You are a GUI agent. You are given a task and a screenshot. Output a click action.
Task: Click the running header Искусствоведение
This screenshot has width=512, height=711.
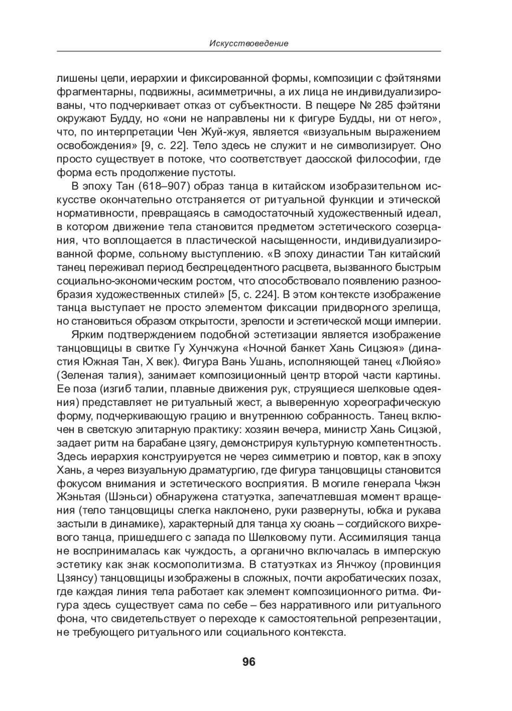tap(249, 43)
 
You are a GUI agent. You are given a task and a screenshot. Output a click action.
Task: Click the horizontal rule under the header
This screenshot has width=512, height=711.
tap(249, 52)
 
